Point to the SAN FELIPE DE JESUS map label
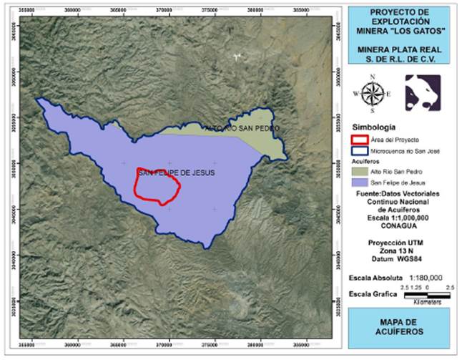click(x=176, y=173)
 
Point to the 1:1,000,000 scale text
click(x=399, y=218)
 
